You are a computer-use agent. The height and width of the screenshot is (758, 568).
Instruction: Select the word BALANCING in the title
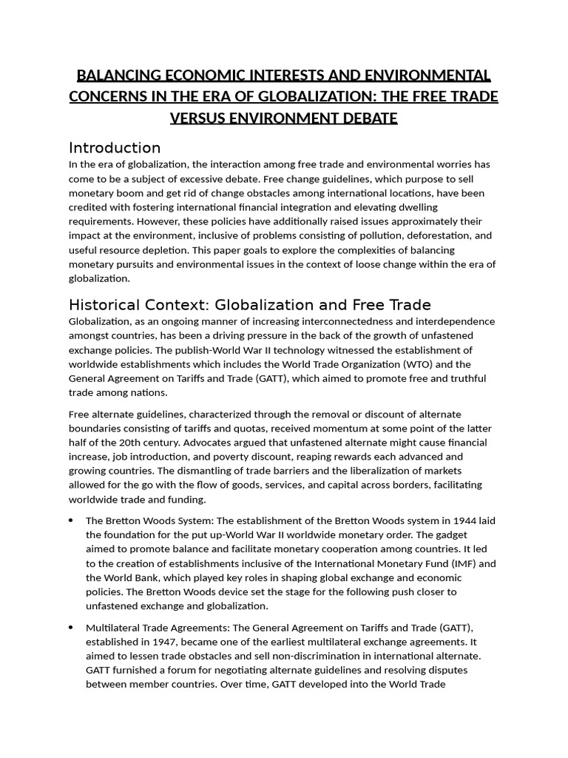coord(116,76)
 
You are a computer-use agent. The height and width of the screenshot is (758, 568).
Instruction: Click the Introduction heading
coord(115,147)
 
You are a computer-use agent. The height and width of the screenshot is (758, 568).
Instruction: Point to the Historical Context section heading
coord(249,305)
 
